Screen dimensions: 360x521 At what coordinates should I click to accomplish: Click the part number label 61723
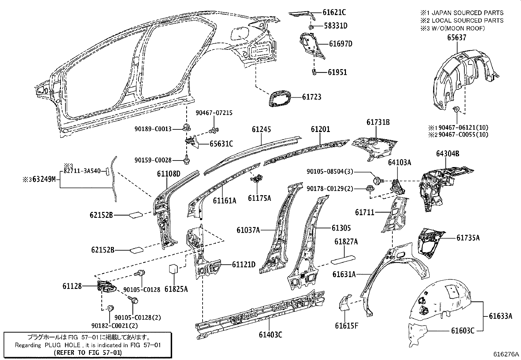click(x=311, y=97)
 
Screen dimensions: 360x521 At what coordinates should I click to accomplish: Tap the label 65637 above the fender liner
click(x=457, y=38)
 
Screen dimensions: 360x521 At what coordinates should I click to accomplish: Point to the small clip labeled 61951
click(x=314, y=72)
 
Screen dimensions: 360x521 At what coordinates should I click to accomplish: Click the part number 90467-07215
click(x=214, y=113)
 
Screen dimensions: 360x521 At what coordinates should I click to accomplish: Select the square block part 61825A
click(x=173, y=269)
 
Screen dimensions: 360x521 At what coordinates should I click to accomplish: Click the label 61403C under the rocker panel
click(x=270, y=334)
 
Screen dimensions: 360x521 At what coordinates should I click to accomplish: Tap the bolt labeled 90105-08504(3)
click(x=377, y=180)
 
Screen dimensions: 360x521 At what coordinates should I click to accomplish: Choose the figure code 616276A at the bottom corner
click(x=506, y=354)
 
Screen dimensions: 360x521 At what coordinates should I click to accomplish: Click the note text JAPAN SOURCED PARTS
click(x=467, y=13)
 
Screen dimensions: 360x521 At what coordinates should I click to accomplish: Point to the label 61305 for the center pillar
click(x=341, y=228)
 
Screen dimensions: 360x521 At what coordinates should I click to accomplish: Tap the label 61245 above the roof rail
click(x=261, y=129)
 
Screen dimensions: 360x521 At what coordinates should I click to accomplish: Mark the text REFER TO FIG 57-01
click(x=87, y=352)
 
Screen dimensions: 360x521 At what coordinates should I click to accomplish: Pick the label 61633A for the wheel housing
click(x=500, y=316)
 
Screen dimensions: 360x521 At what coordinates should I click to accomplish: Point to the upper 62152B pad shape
click(x=136, y=215)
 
